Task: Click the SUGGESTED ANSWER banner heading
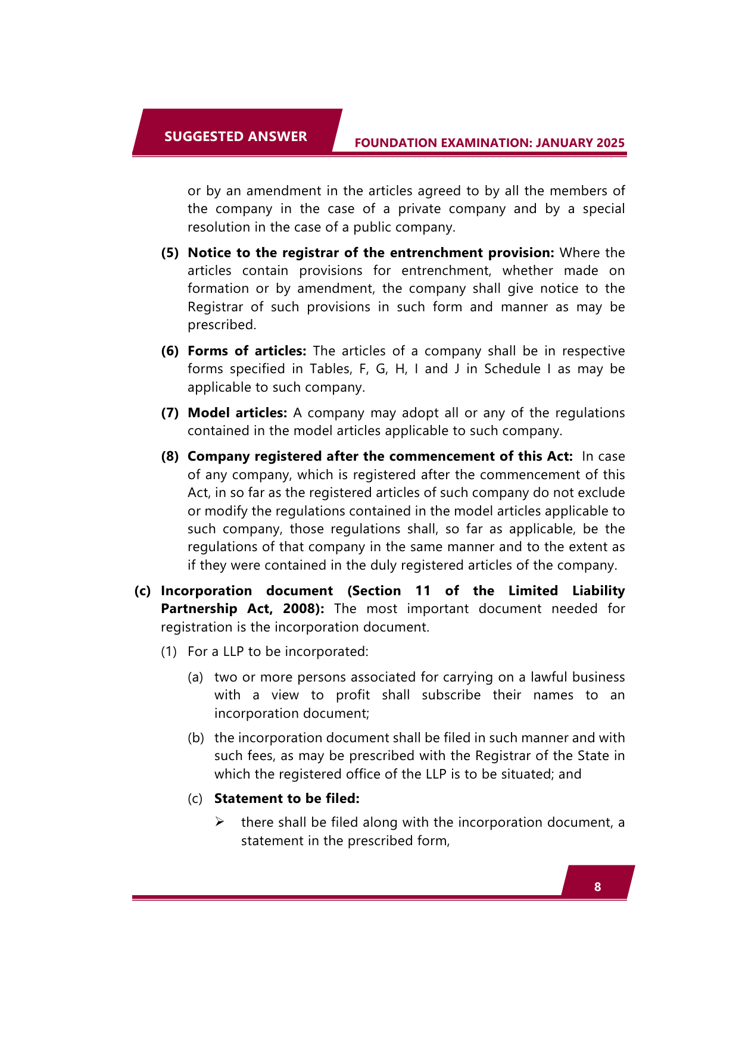(x=235, y=136)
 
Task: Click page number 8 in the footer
(x=597, y=887)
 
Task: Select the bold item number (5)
(x=170, y=252)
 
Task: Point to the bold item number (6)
(x=170, y=351)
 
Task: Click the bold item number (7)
(x=170, y=412)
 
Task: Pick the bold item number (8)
(x=170, y=456)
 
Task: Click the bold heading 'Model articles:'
(x=237, y=412)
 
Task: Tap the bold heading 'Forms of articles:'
(x=247, y=351)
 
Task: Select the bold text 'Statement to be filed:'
(x=286, y=798)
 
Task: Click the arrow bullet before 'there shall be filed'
(x=220, y=822)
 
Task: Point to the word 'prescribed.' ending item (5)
(x=222, y=325)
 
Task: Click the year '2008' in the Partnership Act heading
(x=300, y=609)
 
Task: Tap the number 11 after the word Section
(x=423, y=590)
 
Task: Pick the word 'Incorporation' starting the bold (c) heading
(x=206, y=590)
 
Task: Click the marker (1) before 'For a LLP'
(x=169, y=651)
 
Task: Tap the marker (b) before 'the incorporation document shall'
(x=196, y=738)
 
